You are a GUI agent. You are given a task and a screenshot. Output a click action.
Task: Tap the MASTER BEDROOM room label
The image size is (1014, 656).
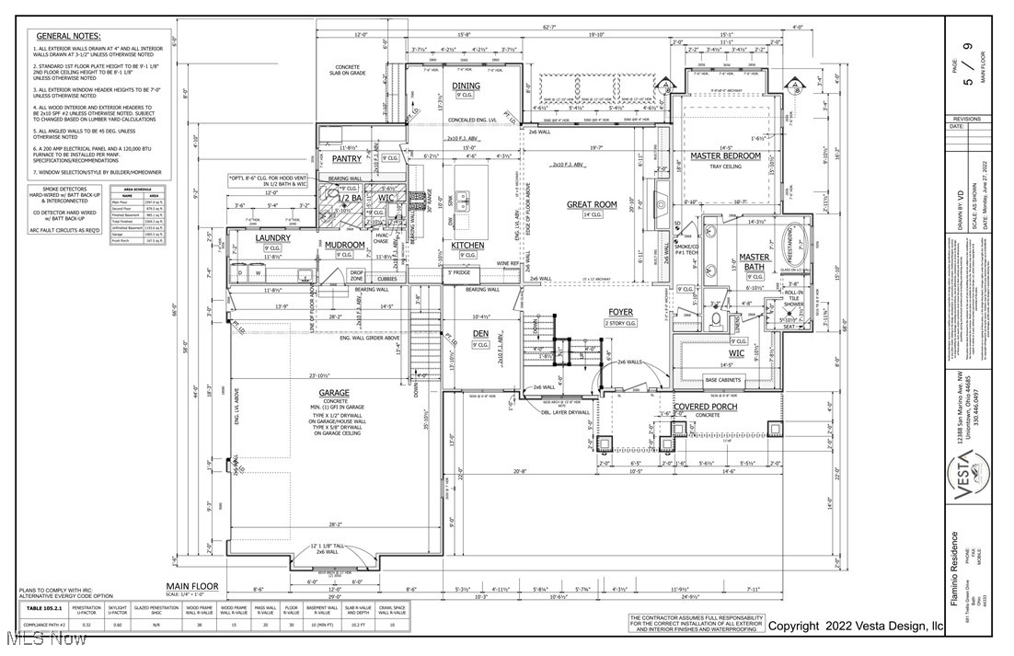tap(726, 156)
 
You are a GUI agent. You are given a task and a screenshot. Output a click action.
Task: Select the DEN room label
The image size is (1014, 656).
tap(481, 333)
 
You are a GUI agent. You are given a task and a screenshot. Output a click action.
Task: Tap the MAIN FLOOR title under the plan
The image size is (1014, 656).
tap(192, 586)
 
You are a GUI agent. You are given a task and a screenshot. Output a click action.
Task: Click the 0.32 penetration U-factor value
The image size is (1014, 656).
tap(86, 625)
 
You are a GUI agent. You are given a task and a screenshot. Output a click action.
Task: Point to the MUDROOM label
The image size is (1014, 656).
tap(344, 245)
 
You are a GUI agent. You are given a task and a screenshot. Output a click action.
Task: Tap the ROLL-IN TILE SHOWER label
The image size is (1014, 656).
tap(793, 304)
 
